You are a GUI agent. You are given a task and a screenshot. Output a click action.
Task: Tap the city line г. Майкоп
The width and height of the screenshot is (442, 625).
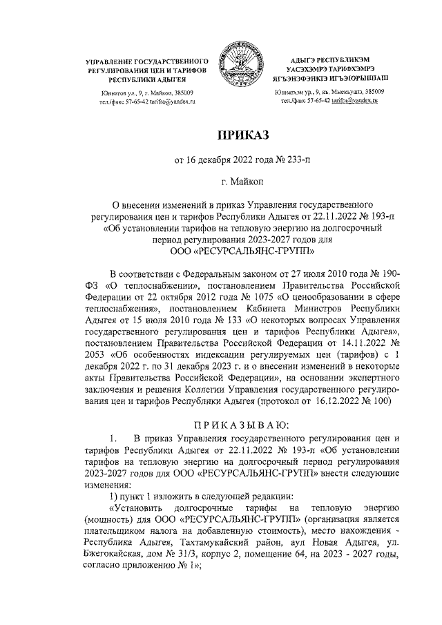tap(238, 183)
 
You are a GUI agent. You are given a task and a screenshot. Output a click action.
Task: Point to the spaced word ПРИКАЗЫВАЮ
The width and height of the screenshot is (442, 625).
tap(238, 423)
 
